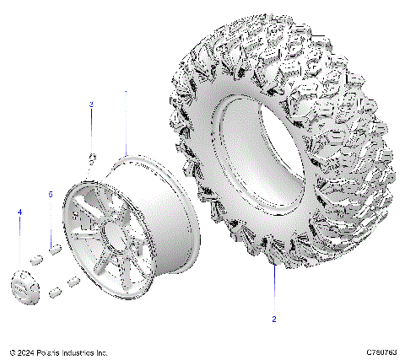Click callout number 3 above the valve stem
click(92, 104)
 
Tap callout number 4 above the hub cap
click(20, 211)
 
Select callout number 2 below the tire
click(273, 320)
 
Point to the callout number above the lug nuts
click(51, 194)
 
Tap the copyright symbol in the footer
click(12, 352)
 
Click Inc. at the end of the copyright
click(102, 352)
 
